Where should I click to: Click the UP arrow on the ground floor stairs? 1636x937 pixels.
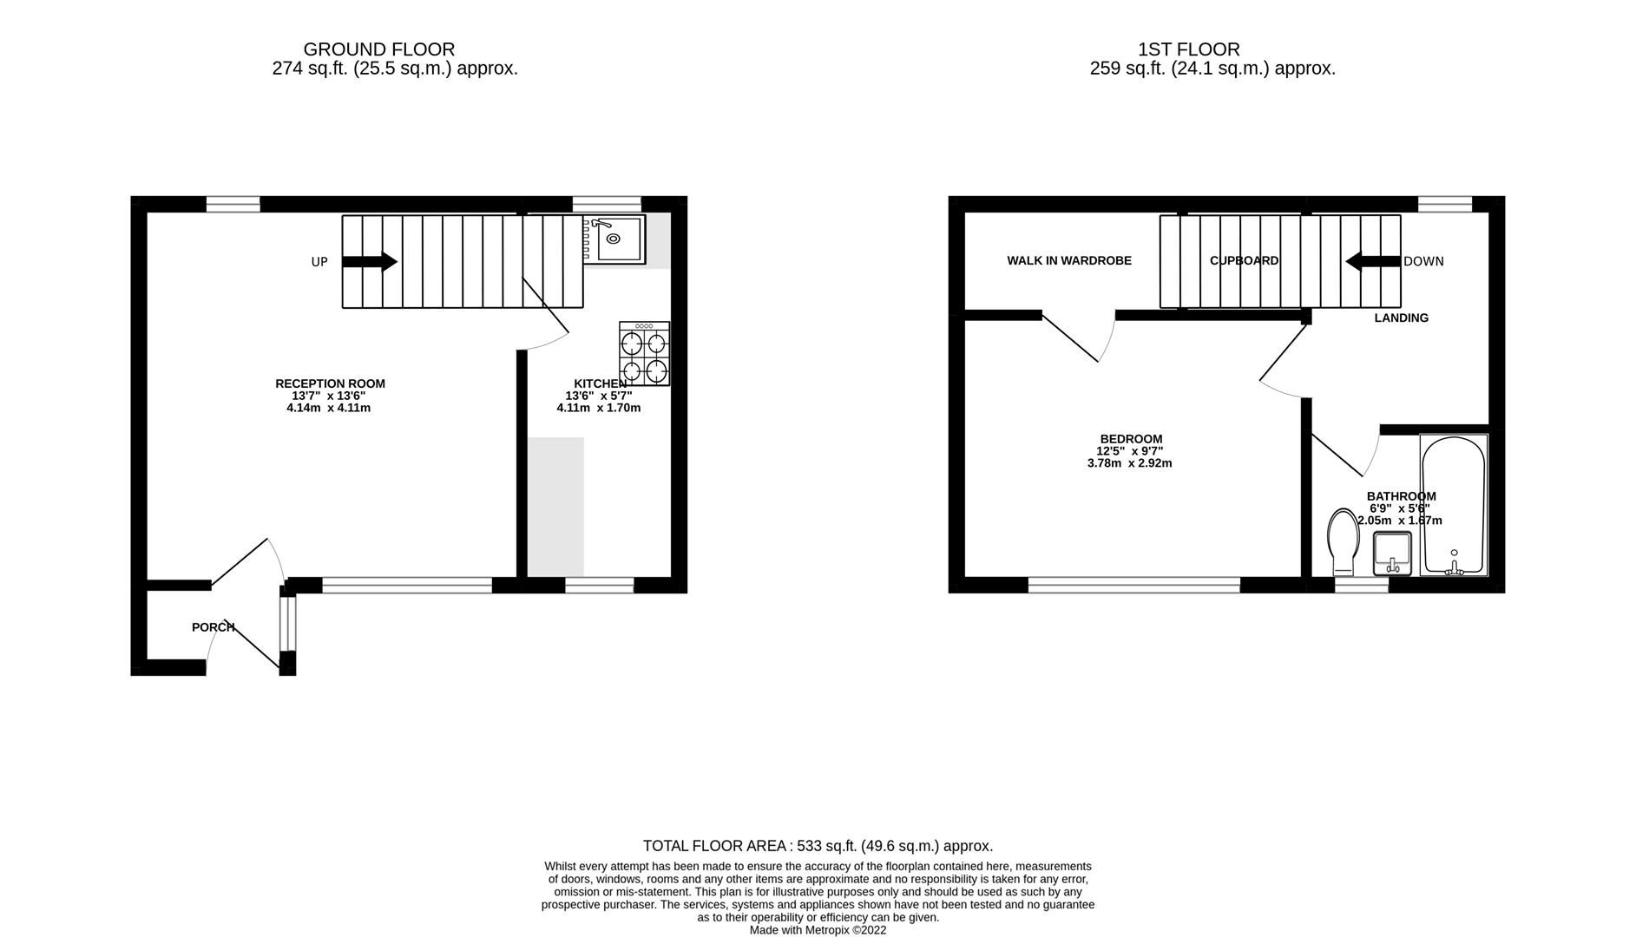tap(370, 261)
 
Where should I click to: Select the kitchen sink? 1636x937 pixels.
tap(614, 239)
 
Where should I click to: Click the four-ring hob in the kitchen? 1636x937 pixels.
tap(644, 353)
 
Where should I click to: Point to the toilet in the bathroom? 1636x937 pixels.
tap(1343, 541)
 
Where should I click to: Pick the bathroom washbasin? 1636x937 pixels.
tap(1392, 553)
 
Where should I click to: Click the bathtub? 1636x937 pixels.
tap(1454, 505)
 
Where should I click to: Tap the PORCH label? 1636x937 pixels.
tap(213, 627)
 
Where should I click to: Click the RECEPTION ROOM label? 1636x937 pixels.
tap(330, 383)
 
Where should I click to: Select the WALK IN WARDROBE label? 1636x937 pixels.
tap(1068, 260)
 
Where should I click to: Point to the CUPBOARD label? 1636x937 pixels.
tap(1244, 260)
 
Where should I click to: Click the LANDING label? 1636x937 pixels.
tap(1401, 318)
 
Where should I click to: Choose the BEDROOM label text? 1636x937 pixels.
tap(1130, 439)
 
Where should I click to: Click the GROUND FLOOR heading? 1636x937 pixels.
tap(378, 49)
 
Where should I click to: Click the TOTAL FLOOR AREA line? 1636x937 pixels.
tap(818, 846)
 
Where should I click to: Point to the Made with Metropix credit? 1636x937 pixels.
tap(818, 930)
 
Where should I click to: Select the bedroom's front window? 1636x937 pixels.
tap(1133, 586)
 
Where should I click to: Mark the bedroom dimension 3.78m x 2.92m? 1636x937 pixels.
tap(1129, 463)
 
